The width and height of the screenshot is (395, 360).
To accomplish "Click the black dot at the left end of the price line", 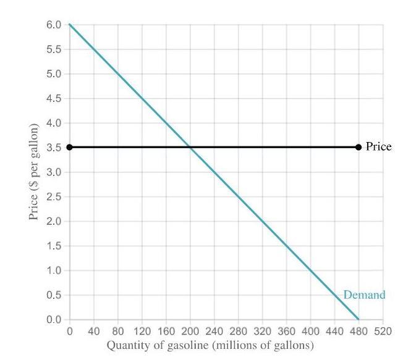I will [x=69, y=147].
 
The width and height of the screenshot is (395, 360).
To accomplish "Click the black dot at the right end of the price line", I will [x=359, y=147].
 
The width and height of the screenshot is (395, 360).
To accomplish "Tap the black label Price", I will [x=378, y=146].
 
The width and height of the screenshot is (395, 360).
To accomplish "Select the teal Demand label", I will [x=364, y=295].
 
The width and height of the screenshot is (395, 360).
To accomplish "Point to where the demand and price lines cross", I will [x=190, y=147].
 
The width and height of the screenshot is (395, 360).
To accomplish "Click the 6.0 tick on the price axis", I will [x=54, y=25].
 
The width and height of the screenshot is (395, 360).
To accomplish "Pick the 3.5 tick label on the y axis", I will [x=54, y=148].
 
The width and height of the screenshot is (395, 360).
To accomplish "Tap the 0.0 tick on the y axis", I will [x=54, y=319].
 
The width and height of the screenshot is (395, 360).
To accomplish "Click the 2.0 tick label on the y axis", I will [x=54, y=221].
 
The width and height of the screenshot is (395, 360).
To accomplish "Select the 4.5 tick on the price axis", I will [x=54, y=98].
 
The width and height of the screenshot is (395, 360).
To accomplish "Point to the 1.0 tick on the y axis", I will [x=54, y=270].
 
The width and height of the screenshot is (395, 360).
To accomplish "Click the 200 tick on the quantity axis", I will [x=190, y=331].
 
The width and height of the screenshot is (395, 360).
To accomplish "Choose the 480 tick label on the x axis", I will [x=359, y=331].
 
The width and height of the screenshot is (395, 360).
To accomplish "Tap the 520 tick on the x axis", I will [x=383, y=331].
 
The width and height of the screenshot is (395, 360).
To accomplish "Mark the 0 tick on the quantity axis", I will [x=69, y=331].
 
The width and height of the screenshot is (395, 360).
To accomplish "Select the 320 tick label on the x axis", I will [x=262, y=331].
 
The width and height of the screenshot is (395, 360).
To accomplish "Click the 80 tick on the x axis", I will [x=117, y=331].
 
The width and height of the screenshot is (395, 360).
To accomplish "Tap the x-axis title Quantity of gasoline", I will [x=210, y=345].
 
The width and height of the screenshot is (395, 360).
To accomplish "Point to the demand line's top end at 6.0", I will [x=70, y=25].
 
